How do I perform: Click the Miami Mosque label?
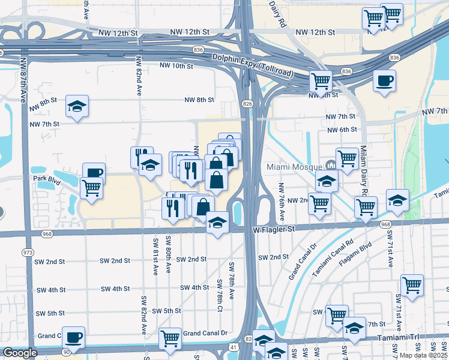coord(294,166)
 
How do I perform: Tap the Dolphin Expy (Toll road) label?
coord(252,65)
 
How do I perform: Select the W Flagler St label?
coord(274,229)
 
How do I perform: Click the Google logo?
coord(19,353)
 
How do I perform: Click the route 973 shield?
coord(27,252)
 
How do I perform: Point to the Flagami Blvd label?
coord(355,254)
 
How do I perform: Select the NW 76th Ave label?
coord(281,197)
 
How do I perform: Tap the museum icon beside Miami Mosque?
coord(330,165)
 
